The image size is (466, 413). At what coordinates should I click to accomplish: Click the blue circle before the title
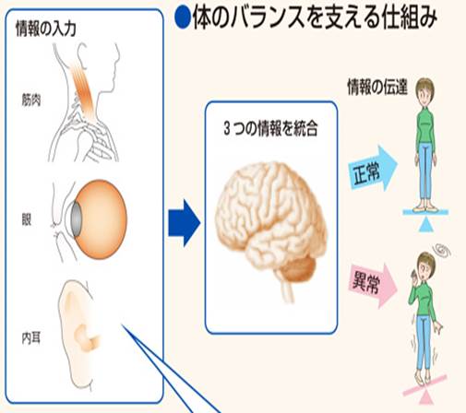click(x=183, y=18)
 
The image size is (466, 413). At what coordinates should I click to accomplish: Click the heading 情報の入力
click(x=46, y=29)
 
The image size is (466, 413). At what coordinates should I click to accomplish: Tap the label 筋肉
click(x=31, y=100)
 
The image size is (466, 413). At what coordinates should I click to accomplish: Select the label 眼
click(x=27, y=219)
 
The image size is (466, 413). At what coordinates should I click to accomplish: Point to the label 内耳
click(x=31, y=338)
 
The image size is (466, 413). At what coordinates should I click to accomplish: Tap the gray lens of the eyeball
click(x=76, y=219)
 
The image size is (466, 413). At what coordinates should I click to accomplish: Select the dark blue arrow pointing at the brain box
click(x=185, y=223)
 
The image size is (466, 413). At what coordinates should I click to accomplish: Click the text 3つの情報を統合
click(x=271, y=128)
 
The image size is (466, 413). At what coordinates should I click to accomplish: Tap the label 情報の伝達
click(x=377, y=87)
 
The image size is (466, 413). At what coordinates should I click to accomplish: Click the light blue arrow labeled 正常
click(x=373, y=168)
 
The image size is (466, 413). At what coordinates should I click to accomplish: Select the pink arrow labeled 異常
click(x=373, y=286)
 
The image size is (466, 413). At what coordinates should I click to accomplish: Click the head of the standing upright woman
click(x=424, y=90)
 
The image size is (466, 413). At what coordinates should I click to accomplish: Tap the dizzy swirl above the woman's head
click(x=442, y=251)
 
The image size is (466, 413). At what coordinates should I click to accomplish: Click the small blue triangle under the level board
click(x=426, y=225)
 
